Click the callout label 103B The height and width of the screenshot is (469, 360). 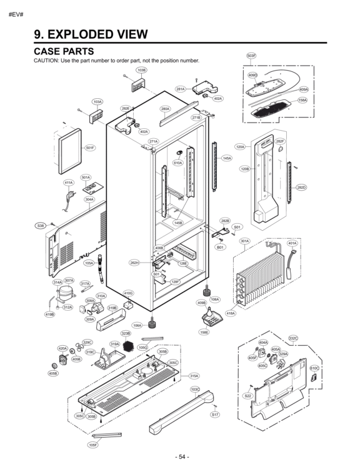coord(141,70)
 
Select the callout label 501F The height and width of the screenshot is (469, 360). coord(91,148)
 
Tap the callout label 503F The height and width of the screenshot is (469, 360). coord(251,56)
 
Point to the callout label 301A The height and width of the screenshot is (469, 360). coord(244,241)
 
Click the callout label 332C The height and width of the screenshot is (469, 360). coord(293,338)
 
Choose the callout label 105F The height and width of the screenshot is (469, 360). coord(92,445)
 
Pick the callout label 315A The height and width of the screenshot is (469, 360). coord(194,376)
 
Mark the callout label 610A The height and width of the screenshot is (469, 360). coord(177,163)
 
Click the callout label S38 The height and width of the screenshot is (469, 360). coord(41,225)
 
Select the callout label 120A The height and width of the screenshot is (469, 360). coord(240,147)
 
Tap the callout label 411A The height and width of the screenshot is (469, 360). coord(69,183)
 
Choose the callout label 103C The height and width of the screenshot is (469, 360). coord(195,389)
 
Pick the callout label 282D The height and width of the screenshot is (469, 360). coord(301,187)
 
